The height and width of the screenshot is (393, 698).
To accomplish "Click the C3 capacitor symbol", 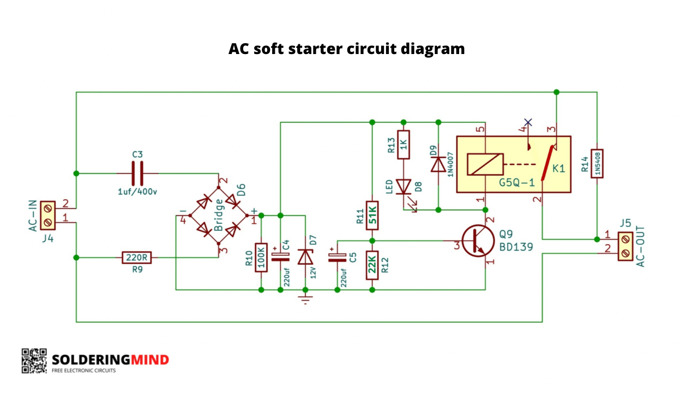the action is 137,174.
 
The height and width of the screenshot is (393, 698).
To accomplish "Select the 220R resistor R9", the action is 137,258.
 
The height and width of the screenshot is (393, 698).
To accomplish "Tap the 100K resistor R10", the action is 261,258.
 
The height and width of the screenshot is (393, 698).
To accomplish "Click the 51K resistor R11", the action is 372,216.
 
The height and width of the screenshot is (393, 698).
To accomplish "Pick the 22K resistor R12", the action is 372,265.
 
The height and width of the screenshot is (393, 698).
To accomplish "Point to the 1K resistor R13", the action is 404,145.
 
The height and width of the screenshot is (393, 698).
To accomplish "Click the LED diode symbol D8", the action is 404,187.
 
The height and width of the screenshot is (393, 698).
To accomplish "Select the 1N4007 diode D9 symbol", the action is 438,164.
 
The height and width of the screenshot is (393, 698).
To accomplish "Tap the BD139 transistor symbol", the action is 478,241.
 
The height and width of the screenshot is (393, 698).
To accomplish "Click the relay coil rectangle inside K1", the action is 485,164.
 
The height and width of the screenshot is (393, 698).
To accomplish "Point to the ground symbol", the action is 305,300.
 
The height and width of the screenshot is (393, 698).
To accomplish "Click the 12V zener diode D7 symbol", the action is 305,257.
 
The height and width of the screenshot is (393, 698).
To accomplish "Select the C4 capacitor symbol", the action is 280,257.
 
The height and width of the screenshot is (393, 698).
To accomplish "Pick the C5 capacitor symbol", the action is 337,258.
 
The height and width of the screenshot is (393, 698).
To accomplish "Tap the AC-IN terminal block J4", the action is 47,216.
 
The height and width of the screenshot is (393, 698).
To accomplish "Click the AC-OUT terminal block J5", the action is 625,246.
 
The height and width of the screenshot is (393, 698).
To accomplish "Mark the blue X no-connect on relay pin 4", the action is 528,122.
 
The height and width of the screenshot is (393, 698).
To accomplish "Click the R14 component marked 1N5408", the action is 597,164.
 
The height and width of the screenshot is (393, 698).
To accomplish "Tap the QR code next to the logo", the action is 34,361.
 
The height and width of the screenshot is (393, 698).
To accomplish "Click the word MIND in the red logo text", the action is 150,360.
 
